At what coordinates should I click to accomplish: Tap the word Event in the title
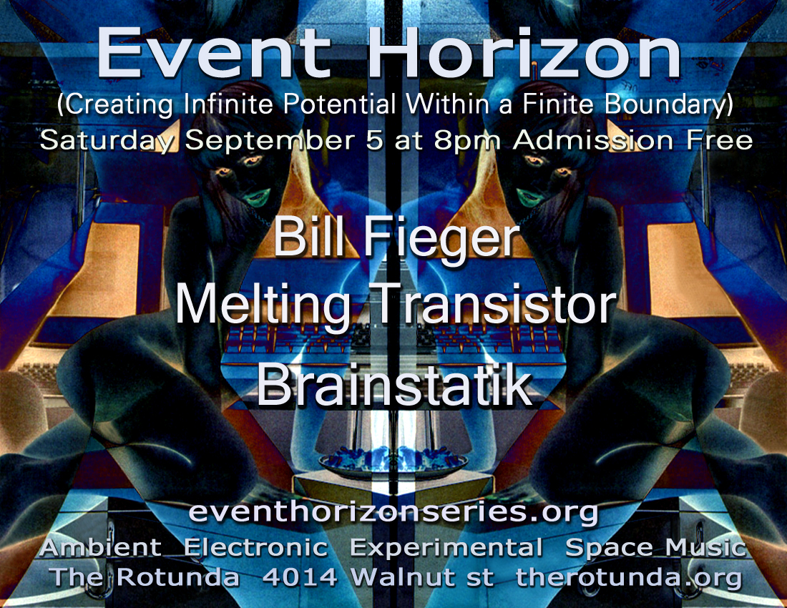(x=214, y=54)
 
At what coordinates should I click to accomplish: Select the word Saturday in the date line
(x=109, y=141)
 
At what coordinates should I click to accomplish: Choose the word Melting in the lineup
(x=262, y=306)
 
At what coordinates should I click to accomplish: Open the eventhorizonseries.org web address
(x=393, y=512)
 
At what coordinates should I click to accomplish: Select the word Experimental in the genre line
(x=446, y=548)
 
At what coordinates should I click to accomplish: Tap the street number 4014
(x=300, y=577)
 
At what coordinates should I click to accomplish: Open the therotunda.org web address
(x=629, y=577)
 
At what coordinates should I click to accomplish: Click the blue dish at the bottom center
(x=393, y=461)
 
